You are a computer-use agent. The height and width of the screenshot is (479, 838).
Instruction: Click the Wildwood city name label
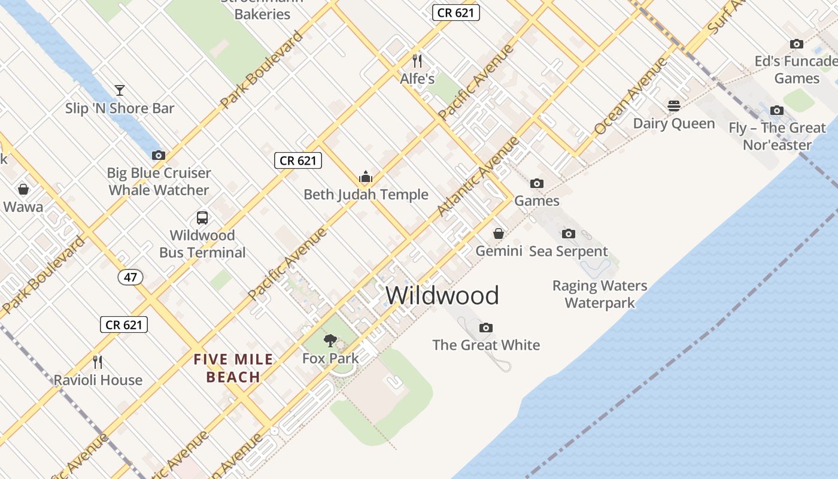click(442, 296)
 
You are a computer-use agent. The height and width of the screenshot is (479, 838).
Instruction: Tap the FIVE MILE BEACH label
click(233, 368)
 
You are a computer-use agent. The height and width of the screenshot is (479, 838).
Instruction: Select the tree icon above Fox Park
click(330, 341)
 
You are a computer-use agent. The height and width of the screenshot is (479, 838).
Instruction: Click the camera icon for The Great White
click(486, 328)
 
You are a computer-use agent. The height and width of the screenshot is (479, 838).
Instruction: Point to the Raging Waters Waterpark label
click(600, 294)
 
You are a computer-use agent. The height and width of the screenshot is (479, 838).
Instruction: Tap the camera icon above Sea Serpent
click(568, 234)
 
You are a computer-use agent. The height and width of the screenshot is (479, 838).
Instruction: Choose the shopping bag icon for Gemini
click(499, 234)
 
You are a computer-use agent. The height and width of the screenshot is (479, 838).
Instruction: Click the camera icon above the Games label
click(537, 183)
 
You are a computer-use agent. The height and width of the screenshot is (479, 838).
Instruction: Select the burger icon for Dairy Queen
click(674, 106)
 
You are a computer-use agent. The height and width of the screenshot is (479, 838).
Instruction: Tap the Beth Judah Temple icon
click(366, 177)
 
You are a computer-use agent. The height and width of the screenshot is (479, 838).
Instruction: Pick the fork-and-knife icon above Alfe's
click(417, 60)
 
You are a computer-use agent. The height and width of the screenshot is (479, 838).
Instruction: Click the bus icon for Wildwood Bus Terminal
click(202, 217)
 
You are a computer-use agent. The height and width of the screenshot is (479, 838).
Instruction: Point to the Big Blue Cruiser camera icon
click(159, 156)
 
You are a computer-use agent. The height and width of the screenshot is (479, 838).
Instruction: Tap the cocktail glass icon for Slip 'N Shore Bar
click(120, 90)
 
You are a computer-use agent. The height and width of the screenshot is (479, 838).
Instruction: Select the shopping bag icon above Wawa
click(23, 190)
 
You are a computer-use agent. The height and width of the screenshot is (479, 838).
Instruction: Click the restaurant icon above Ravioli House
click(98, 362)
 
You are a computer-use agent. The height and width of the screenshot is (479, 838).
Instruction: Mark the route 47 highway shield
click(130, 277)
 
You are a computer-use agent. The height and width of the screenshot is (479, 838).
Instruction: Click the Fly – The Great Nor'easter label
click(777, 136)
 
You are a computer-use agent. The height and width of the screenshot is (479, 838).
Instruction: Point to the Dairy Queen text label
click(674, 124)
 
